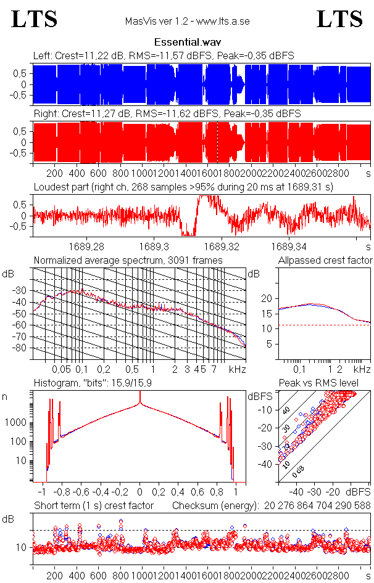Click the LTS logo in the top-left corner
coord(35,19)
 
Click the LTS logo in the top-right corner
coord(339,19)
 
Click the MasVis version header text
coord(187,21)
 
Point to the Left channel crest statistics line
coord(164,56)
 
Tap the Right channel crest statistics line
coord(167,114)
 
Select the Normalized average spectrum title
coord(128,261)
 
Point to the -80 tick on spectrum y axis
coord(23,348)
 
